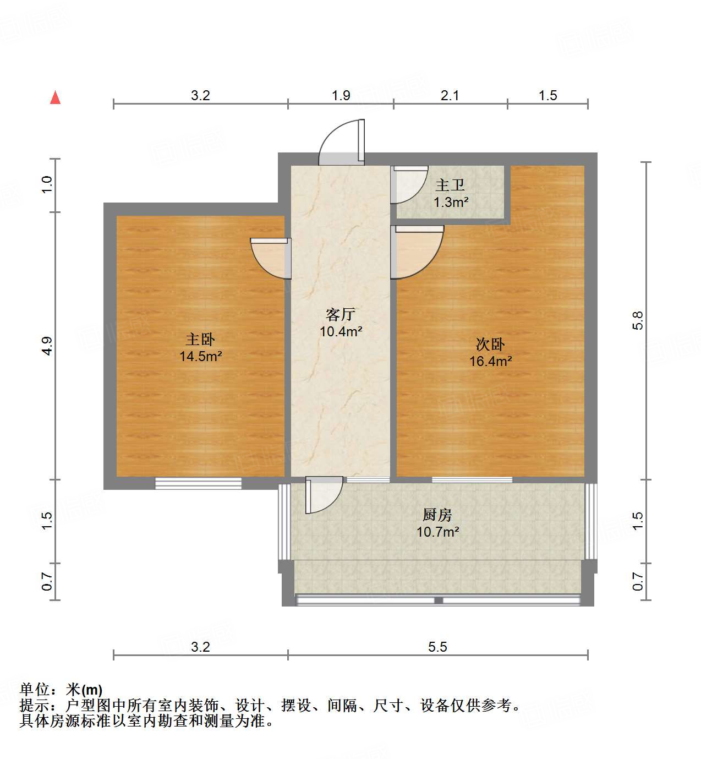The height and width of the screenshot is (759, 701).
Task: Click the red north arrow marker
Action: (55, 97)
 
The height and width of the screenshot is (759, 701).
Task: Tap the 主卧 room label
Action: (200, 339)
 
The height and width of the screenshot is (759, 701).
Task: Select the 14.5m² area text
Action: (200, 356)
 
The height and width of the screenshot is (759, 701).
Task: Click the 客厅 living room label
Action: (340, 314)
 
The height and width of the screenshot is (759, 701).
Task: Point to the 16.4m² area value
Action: (490, 361)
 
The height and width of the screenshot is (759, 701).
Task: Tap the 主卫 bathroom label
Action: (450, 185)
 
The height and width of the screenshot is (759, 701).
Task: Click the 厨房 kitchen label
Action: (437, 515)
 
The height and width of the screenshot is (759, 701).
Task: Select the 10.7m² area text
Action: (437, 532)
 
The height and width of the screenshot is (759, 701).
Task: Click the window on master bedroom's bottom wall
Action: (198, 483)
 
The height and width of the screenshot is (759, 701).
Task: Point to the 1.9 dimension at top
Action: (341, 95)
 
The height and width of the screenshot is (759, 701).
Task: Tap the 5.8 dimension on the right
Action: (638, 320)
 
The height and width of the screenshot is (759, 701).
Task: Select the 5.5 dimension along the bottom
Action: (437, 646)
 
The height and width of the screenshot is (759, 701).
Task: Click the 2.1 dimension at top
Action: (450, 95)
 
